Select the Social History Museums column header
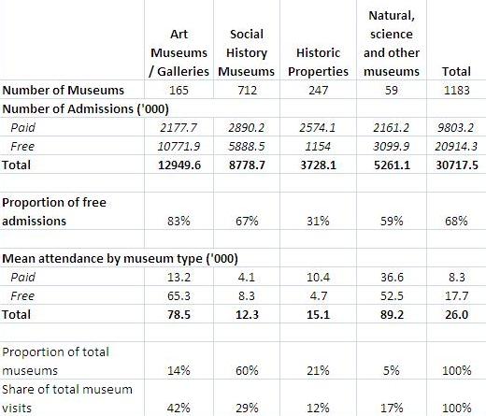pos(247,52)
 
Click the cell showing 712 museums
pos(247,91)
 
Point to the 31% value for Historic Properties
pos(317,222)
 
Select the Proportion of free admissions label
pos(56,212)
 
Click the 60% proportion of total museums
pos(247,370)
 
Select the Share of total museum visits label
pos(67,397)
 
